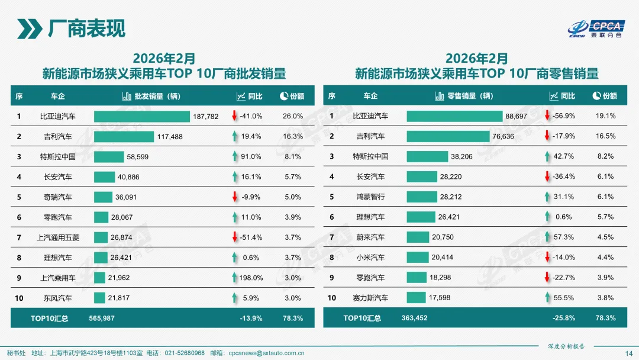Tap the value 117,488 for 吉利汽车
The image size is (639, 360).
tap(170, 136)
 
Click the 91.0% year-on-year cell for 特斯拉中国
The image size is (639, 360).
tap(251, 156)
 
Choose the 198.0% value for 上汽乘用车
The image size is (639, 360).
tap(251, 277)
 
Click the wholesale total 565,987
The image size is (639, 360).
tap(102, 318)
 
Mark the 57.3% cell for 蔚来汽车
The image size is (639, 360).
tap(563, 237)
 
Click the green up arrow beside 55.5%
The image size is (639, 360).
tap(547, 297)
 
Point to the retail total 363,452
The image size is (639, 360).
tap(414, 318)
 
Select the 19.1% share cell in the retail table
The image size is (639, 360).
tap(605, 116)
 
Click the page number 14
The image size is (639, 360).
tap(629, 353)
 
